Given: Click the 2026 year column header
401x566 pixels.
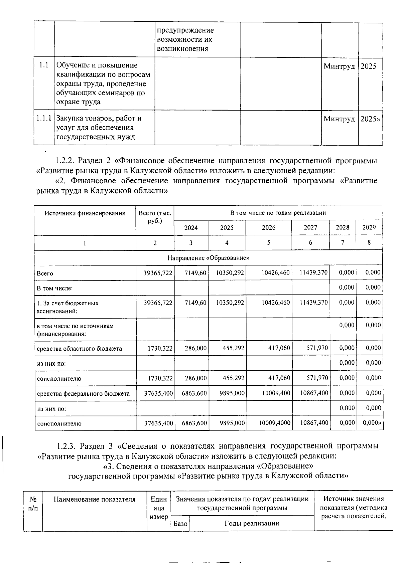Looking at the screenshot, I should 269,228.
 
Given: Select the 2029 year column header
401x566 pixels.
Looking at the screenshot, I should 369,228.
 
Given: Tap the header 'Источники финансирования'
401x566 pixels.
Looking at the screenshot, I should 85,213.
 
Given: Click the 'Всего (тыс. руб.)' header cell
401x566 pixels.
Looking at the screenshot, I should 155,217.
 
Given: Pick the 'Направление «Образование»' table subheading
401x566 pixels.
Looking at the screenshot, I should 209,258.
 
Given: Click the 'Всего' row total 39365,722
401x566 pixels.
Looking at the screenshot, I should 158,273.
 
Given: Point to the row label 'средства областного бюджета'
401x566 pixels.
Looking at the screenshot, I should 80,349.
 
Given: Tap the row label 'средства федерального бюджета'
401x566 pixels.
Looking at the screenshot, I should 84,394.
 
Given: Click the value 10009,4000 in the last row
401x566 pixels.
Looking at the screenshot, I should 275,423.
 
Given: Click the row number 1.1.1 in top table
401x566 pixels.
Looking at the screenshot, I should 44,118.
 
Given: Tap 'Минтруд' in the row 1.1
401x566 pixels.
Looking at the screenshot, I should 339,66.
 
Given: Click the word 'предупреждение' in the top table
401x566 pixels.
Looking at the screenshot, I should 185,30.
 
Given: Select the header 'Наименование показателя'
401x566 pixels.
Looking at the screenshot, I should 95,500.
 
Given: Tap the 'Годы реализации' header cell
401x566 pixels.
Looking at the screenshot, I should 252,523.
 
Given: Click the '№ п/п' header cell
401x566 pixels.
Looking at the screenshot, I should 33,504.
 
